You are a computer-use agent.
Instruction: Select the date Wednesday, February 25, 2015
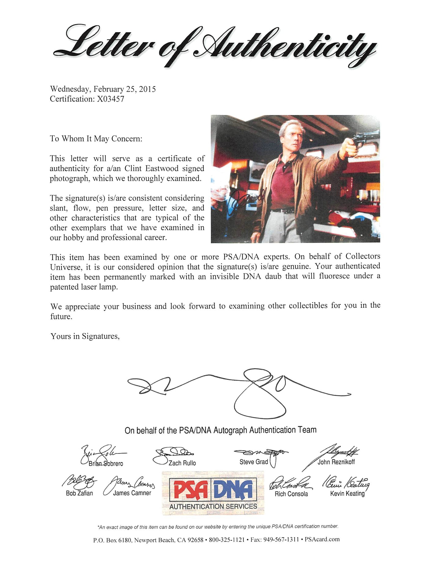point(103,89)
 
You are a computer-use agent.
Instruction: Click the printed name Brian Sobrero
point(106,463)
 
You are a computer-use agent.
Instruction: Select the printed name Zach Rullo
point(182,463)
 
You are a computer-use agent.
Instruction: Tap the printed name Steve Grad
point(254,462)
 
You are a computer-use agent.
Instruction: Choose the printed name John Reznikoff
point(336,462)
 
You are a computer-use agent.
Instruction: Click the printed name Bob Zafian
point(79,493)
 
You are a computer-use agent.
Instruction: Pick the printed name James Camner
point(132,493)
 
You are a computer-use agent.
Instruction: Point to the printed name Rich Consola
point(291,494)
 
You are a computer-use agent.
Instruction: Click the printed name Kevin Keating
point(347,493)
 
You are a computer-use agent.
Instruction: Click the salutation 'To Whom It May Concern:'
point(96,139)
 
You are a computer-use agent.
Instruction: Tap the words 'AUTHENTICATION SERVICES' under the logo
point(213,507)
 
